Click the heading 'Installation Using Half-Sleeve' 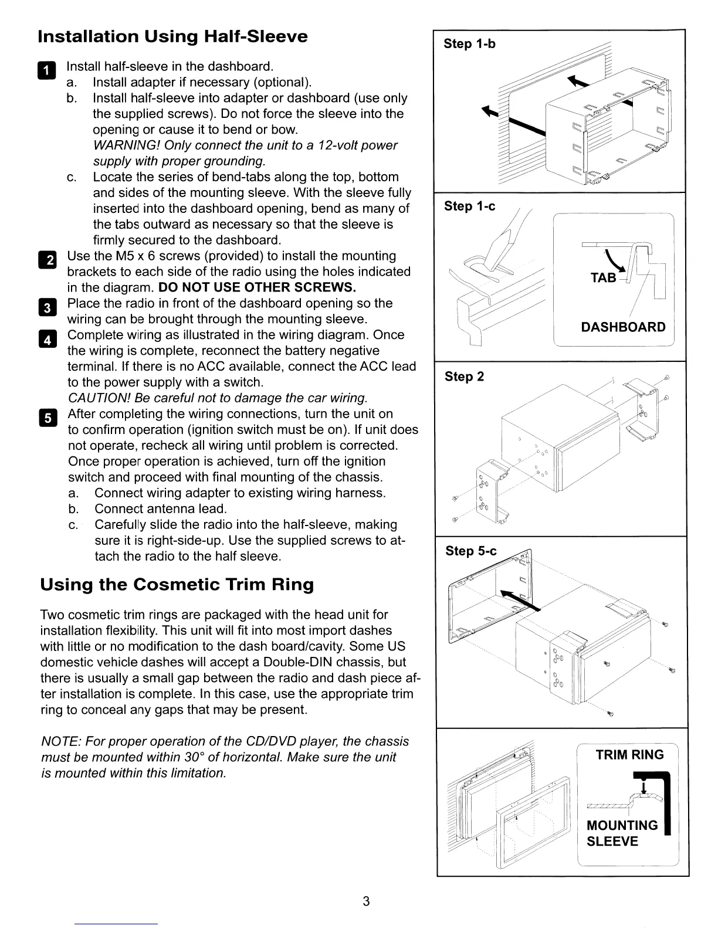[172, 36]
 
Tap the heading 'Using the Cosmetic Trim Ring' [177, 585]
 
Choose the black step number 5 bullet [49, 418]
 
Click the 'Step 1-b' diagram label [469, 44]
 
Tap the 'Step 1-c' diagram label [469, 206]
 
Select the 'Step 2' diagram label [464, 377]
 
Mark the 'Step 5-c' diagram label [470, 551]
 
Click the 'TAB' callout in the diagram [603, 278]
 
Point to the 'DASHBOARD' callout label [623, 327]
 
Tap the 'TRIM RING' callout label [629, 755]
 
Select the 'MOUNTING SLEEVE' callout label [622, 833]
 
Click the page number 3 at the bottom [365, 901]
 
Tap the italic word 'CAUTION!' [100, 398]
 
